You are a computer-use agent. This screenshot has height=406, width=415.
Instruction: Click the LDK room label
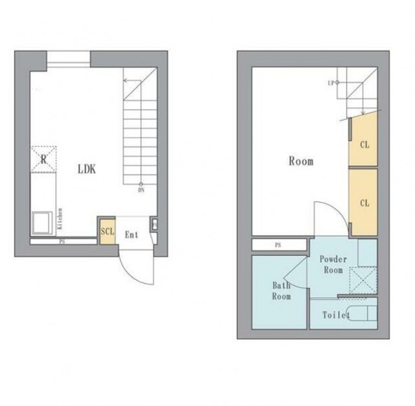(x=87, y=169)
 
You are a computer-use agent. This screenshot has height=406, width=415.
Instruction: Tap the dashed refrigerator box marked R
(x=43, y=159)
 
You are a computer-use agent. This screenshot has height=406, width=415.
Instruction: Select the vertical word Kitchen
(x=60, y=219)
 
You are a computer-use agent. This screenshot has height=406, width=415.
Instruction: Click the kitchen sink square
(x=42, y=223)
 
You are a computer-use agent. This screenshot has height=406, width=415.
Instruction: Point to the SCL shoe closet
(x=108, y=232)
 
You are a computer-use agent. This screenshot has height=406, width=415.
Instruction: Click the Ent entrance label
(x=132, y=234)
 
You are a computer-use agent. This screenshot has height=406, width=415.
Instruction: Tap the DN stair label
(x=141, y=190)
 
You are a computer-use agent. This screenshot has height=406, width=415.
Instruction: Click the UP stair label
(x=331, y=83)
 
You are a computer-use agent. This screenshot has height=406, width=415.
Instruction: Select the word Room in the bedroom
(x=301, y=161)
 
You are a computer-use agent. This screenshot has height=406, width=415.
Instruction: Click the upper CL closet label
(x=364, y=144)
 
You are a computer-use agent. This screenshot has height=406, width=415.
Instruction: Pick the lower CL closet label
(x=364, y=203)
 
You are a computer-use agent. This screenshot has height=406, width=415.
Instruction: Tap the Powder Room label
(x=333, y=265)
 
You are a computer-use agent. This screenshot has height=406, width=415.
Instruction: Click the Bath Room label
(x=281, y=291)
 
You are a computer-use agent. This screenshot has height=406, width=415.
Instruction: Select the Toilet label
(x=336, y=315)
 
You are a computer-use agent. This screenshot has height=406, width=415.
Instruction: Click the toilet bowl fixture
(x=362, y=313)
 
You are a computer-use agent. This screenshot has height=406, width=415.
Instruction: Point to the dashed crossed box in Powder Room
(x=363, y=280)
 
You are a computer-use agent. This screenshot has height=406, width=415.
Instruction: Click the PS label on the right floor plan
(x=278, y=245)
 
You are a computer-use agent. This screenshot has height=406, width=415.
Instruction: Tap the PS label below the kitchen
(x=62, y=242)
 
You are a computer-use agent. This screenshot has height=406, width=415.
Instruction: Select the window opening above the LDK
(x=69, y=59)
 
